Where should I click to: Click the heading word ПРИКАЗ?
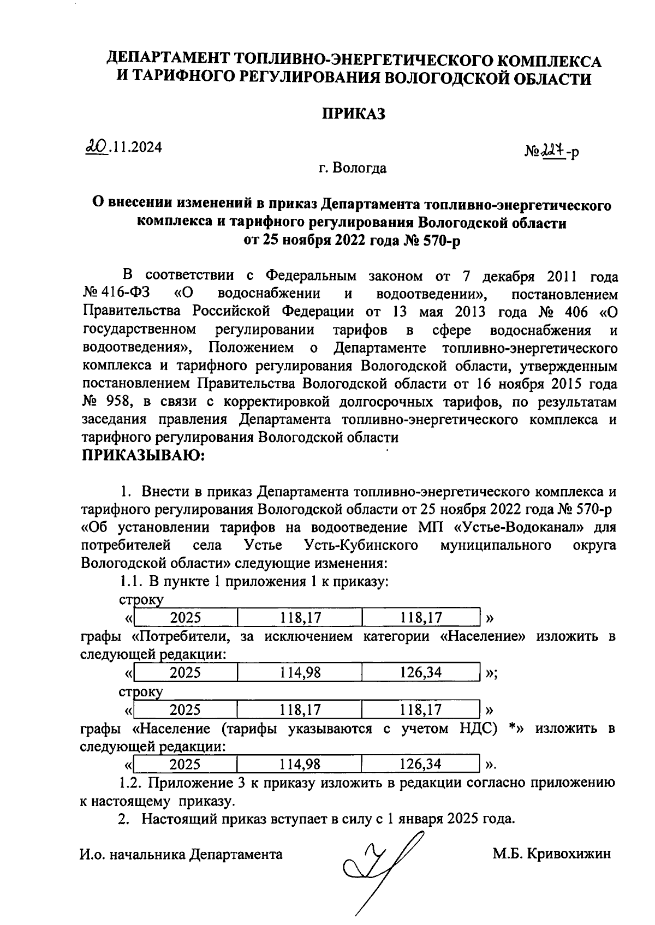(353, 114)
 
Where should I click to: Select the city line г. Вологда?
(353, 168)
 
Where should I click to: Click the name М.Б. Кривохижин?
(551, 854)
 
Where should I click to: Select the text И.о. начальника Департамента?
(181, 854)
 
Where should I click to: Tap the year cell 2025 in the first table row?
(186, 618)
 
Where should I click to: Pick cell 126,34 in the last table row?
(420, 764)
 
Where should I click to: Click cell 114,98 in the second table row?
(300, 672)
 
